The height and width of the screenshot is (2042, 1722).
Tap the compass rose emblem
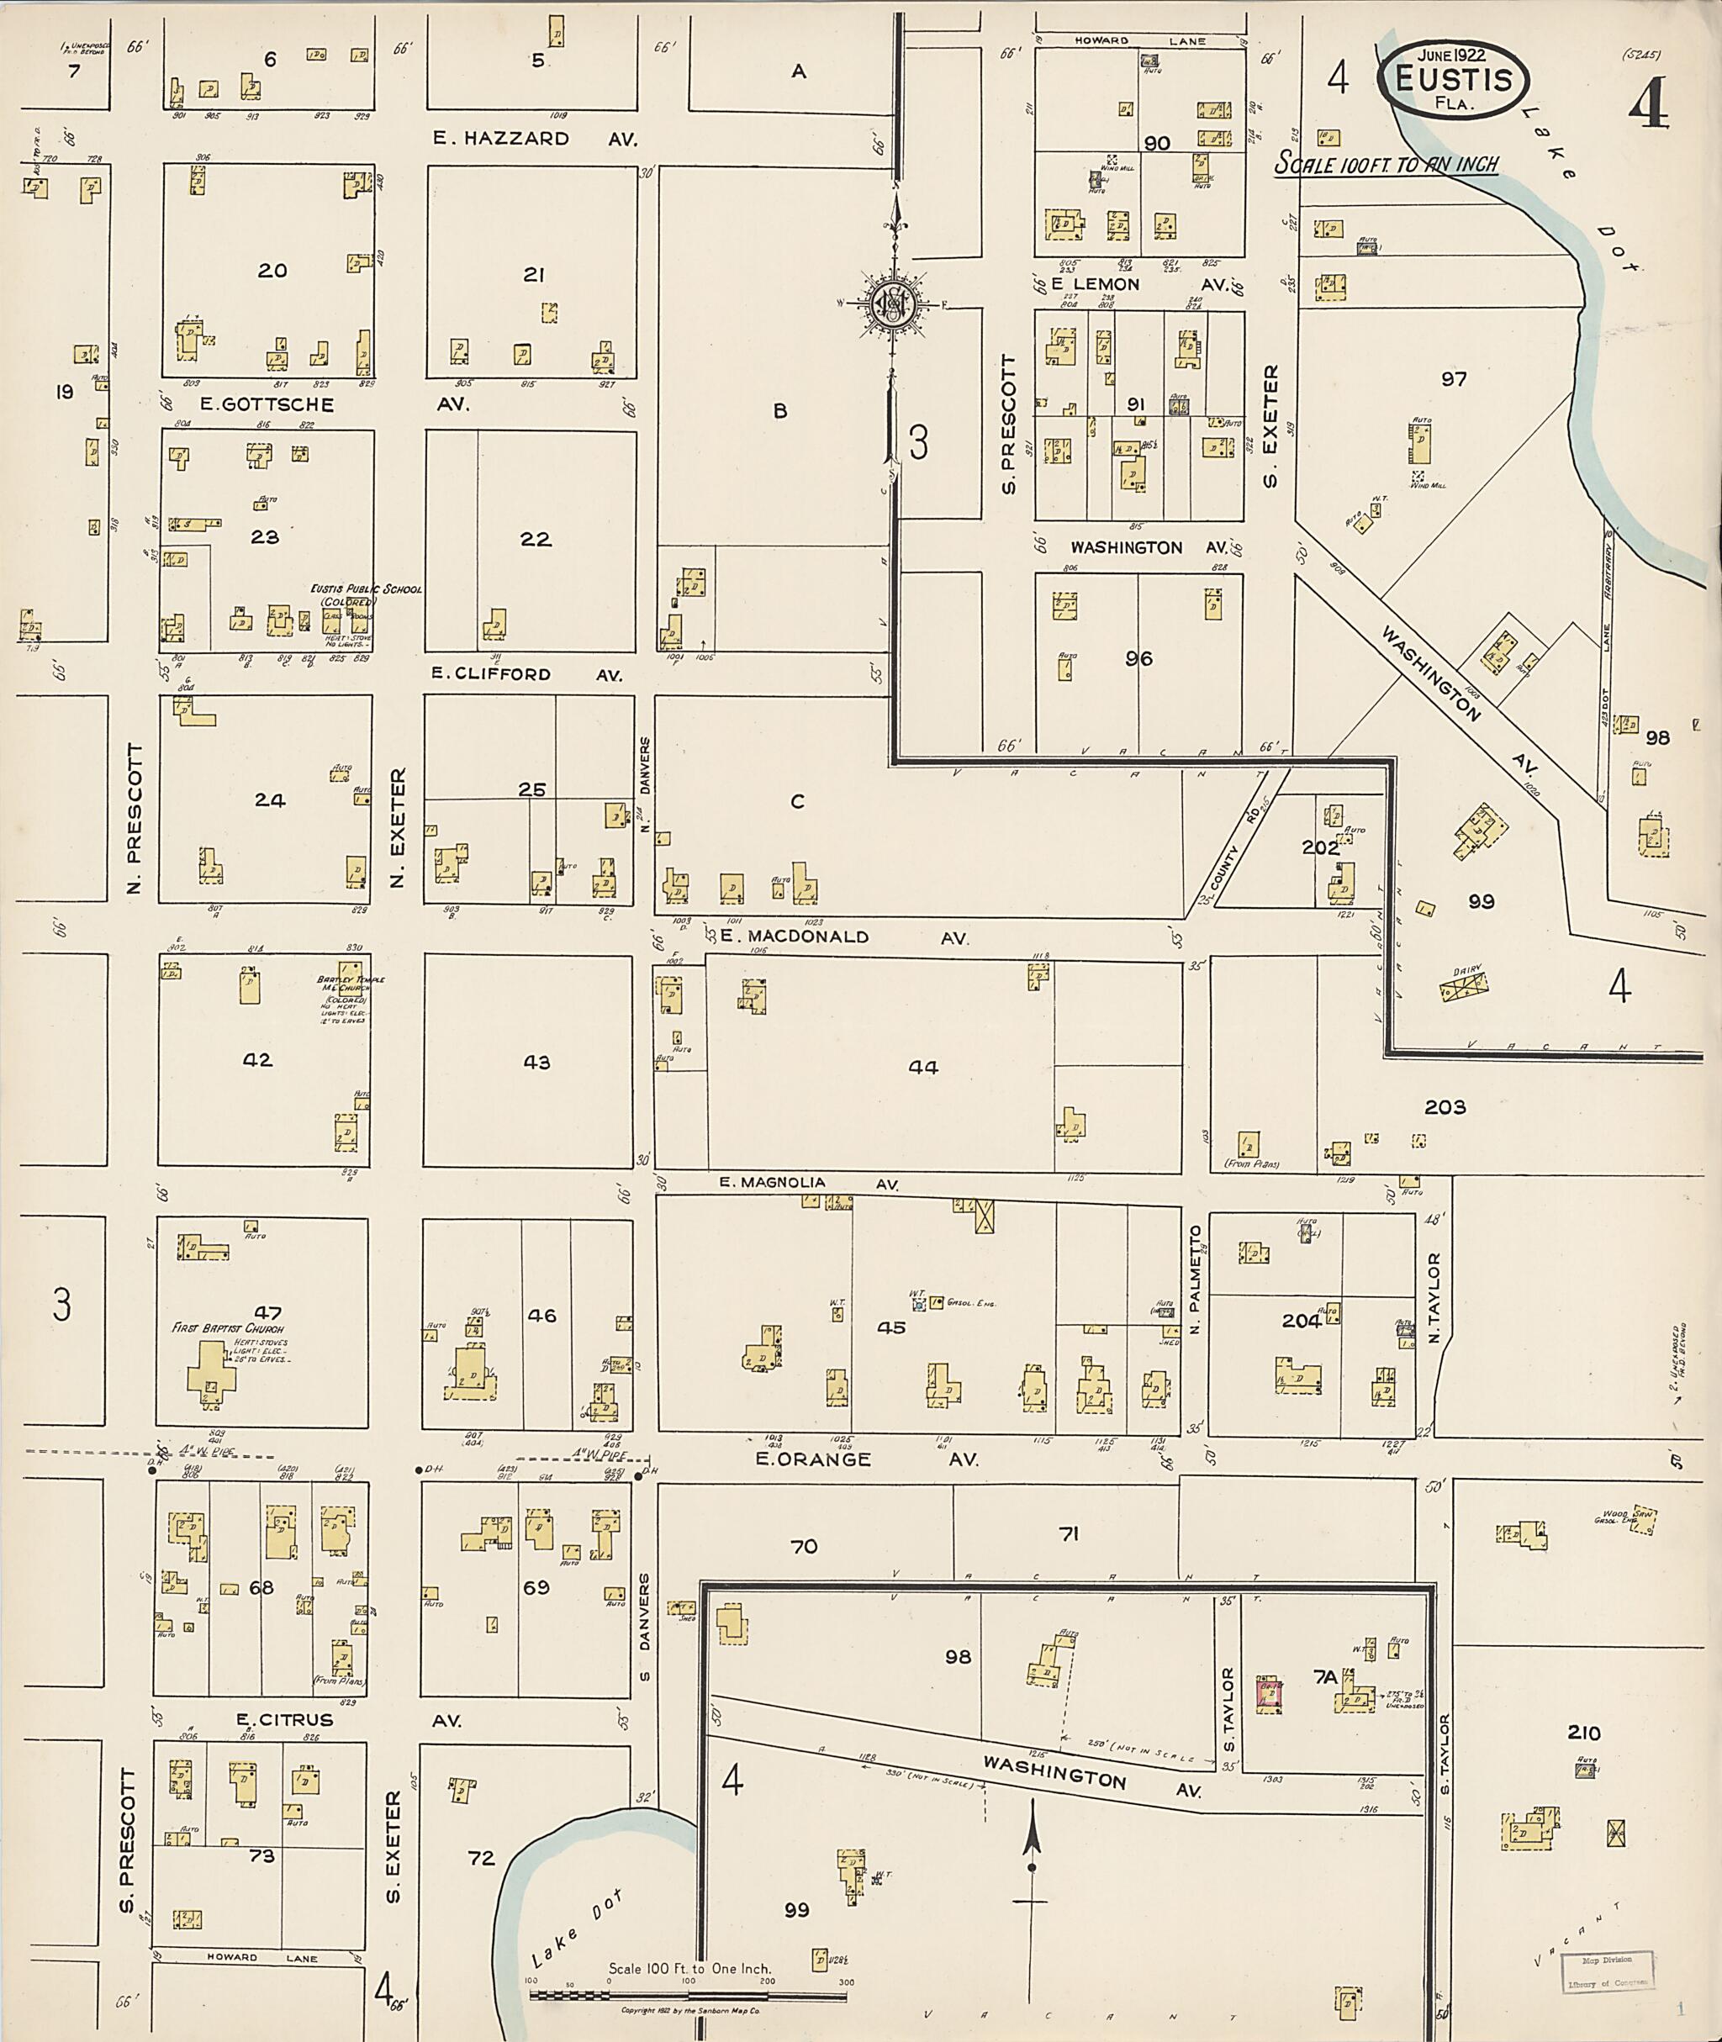click(x=892, y=305)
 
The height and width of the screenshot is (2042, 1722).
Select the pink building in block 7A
click(x=1269, y=1696)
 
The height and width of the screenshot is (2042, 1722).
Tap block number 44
click(x=922, y=1067)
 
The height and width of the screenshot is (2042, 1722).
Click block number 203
click(x=1445, y=1107)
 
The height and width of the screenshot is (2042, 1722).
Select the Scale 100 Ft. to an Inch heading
click(x=1387, y=164)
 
